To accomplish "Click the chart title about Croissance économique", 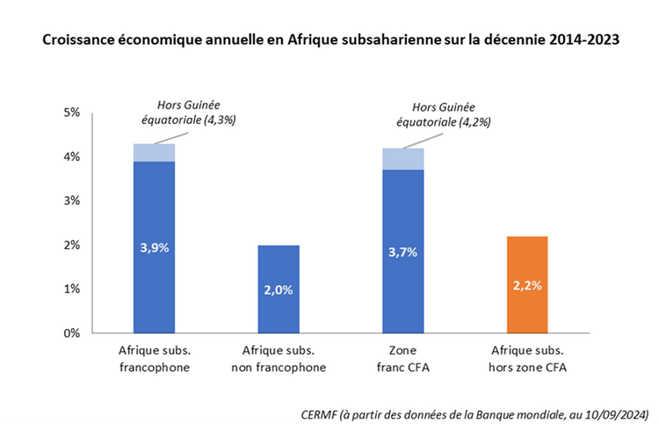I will pos(329,41).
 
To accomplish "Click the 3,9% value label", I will pos(154,247).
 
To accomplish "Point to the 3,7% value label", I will pos(404,252).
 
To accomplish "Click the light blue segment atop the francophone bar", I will pos(154,152).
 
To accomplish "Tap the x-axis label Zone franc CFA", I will pos(404,359).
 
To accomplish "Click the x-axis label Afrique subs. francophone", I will pos(154,359).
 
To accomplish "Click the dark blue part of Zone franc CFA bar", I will pos(404,220).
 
